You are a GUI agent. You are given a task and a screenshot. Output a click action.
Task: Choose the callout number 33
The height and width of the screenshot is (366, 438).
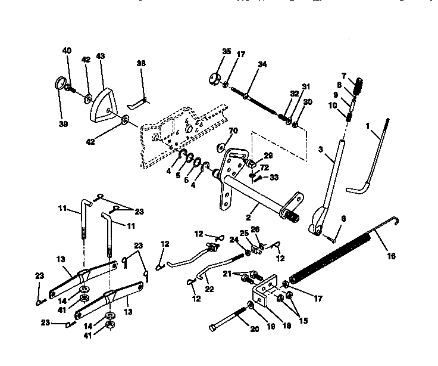pos(274,177)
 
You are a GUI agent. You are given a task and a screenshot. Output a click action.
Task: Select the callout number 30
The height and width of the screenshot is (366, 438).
pos(307,102)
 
